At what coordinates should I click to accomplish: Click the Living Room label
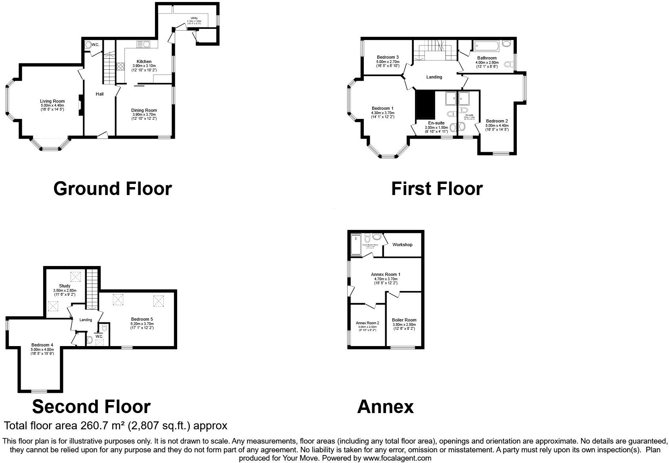(x=52, y=101)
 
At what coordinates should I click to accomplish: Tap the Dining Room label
(x=144, y=110)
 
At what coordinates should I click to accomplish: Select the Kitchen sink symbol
(x=143, y=44)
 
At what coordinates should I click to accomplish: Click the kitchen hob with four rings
(x=120, y=66)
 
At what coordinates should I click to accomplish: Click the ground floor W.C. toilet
(x=88, y=45)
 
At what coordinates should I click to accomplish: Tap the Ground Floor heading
(x=113, y=189)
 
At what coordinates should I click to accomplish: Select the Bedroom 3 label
(x=388, y=57)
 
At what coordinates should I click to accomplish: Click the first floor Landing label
(x=434, y=77)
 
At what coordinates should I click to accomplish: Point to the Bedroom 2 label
(x=497, y=121)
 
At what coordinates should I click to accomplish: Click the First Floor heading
(x=437, y=189)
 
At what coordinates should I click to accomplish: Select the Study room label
(x=65, y=286)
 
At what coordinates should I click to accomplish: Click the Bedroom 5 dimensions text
(x=142, y=326)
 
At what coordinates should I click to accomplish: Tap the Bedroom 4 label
(x=42, y=345)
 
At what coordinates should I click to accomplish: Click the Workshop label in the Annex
(x=402, y=245)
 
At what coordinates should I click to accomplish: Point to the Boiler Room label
(x=404, y=320)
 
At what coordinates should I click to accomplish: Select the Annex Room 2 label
(x=367, y=323)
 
